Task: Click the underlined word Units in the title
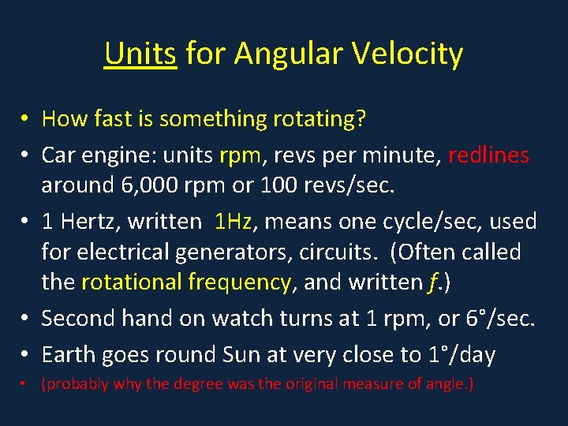140,54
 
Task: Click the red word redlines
488,155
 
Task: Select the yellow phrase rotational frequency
186,282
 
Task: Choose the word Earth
69,355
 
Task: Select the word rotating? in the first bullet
319,119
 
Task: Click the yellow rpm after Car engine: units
240,155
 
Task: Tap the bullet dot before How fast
25,119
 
